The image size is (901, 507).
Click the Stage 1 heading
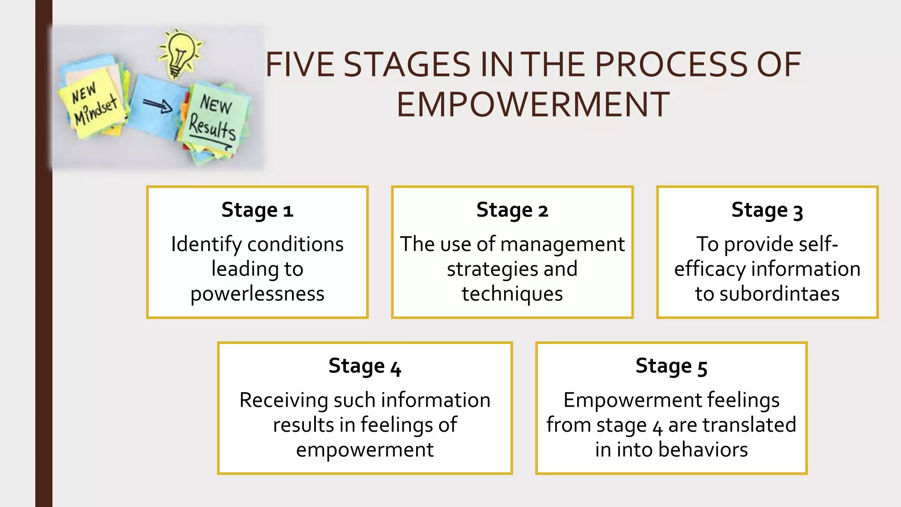coord(257,210)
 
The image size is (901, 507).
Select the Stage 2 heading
coord(512,210)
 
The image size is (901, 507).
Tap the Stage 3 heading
coord(767,210)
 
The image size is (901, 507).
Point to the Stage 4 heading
coord(365,366)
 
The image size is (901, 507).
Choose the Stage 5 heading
coord(671,366)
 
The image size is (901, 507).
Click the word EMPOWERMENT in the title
coord(533,105)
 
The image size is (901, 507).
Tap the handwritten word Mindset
coord(95,110)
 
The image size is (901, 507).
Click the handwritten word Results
coord(212,128)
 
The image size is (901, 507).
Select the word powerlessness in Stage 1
coord(257,294)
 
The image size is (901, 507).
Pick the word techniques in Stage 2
coord(512,294)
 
